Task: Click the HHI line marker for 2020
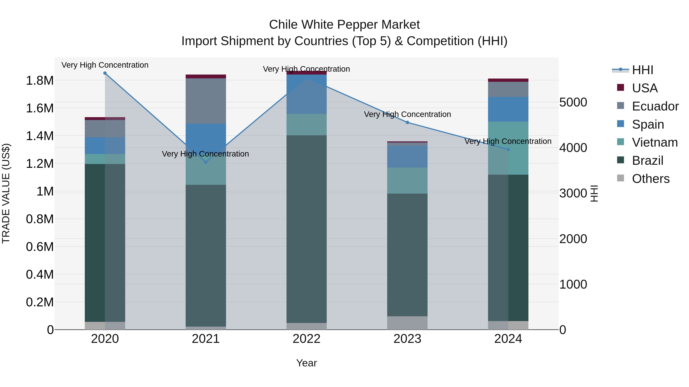[x=105, y=73]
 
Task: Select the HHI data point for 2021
[x=206, y=162]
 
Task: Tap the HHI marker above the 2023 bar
[x=407, y=123]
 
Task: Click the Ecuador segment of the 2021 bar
[x=206, y=101]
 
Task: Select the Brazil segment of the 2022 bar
[x=307, y=229]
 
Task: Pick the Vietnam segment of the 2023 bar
[x=407, y=181]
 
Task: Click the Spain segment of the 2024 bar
[x=508, y=109]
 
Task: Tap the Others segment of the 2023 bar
[x=407, y=323]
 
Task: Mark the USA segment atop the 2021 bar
[x=206, y=76]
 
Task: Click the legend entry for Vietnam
[x=655, y=142]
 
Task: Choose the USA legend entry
[x=645, y=88]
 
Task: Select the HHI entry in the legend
[x=642, y=70]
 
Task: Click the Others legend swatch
[x=620, y=178]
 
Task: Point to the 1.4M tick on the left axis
[x=40, y=136]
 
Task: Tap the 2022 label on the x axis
[x=307, y=339]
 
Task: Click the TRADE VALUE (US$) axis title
[x=6, y=193]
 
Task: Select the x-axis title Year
[x=307, y=363]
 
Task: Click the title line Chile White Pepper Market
[x=344, y=25]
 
